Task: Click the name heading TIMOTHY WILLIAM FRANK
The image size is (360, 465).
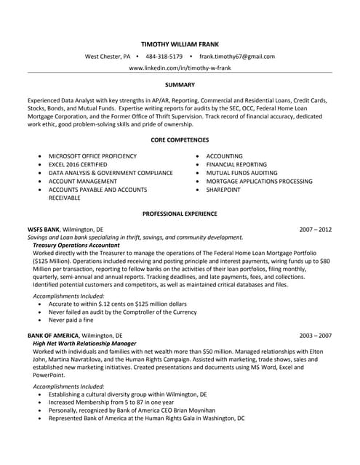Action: tap(180, 43)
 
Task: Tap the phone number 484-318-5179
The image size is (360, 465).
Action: tap(164, 56)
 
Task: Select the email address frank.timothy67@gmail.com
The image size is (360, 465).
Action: tap(236, 56)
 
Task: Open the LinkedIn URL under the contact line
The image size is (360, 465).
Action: tap(180, 68)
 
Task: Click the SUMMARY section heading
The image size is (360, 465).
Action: tap(180, 85)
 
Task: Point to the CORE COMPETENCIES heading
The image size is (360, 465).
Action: tap(180, 139)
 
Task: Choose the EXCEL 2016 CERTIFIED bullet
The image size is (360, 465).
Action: tap(83, 165)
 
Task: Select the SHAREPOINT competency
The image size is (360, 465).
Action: tap(223, 190)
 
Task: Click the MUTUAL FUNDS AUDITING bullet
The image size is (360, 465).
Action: tap(241, 173)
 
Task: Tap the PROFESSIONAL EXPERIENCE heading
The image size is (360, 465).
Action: tap(180, 214)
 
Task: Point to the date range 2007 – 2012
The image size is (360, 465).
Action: tap(315, 230)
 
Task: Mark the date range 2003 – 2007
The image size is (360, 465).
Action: tap(315, 336)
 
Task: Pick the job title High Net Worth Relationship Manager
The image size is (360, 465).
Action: tap(84, 344)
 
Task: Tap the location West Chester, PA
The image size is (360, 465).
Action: tap(108, 56)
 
